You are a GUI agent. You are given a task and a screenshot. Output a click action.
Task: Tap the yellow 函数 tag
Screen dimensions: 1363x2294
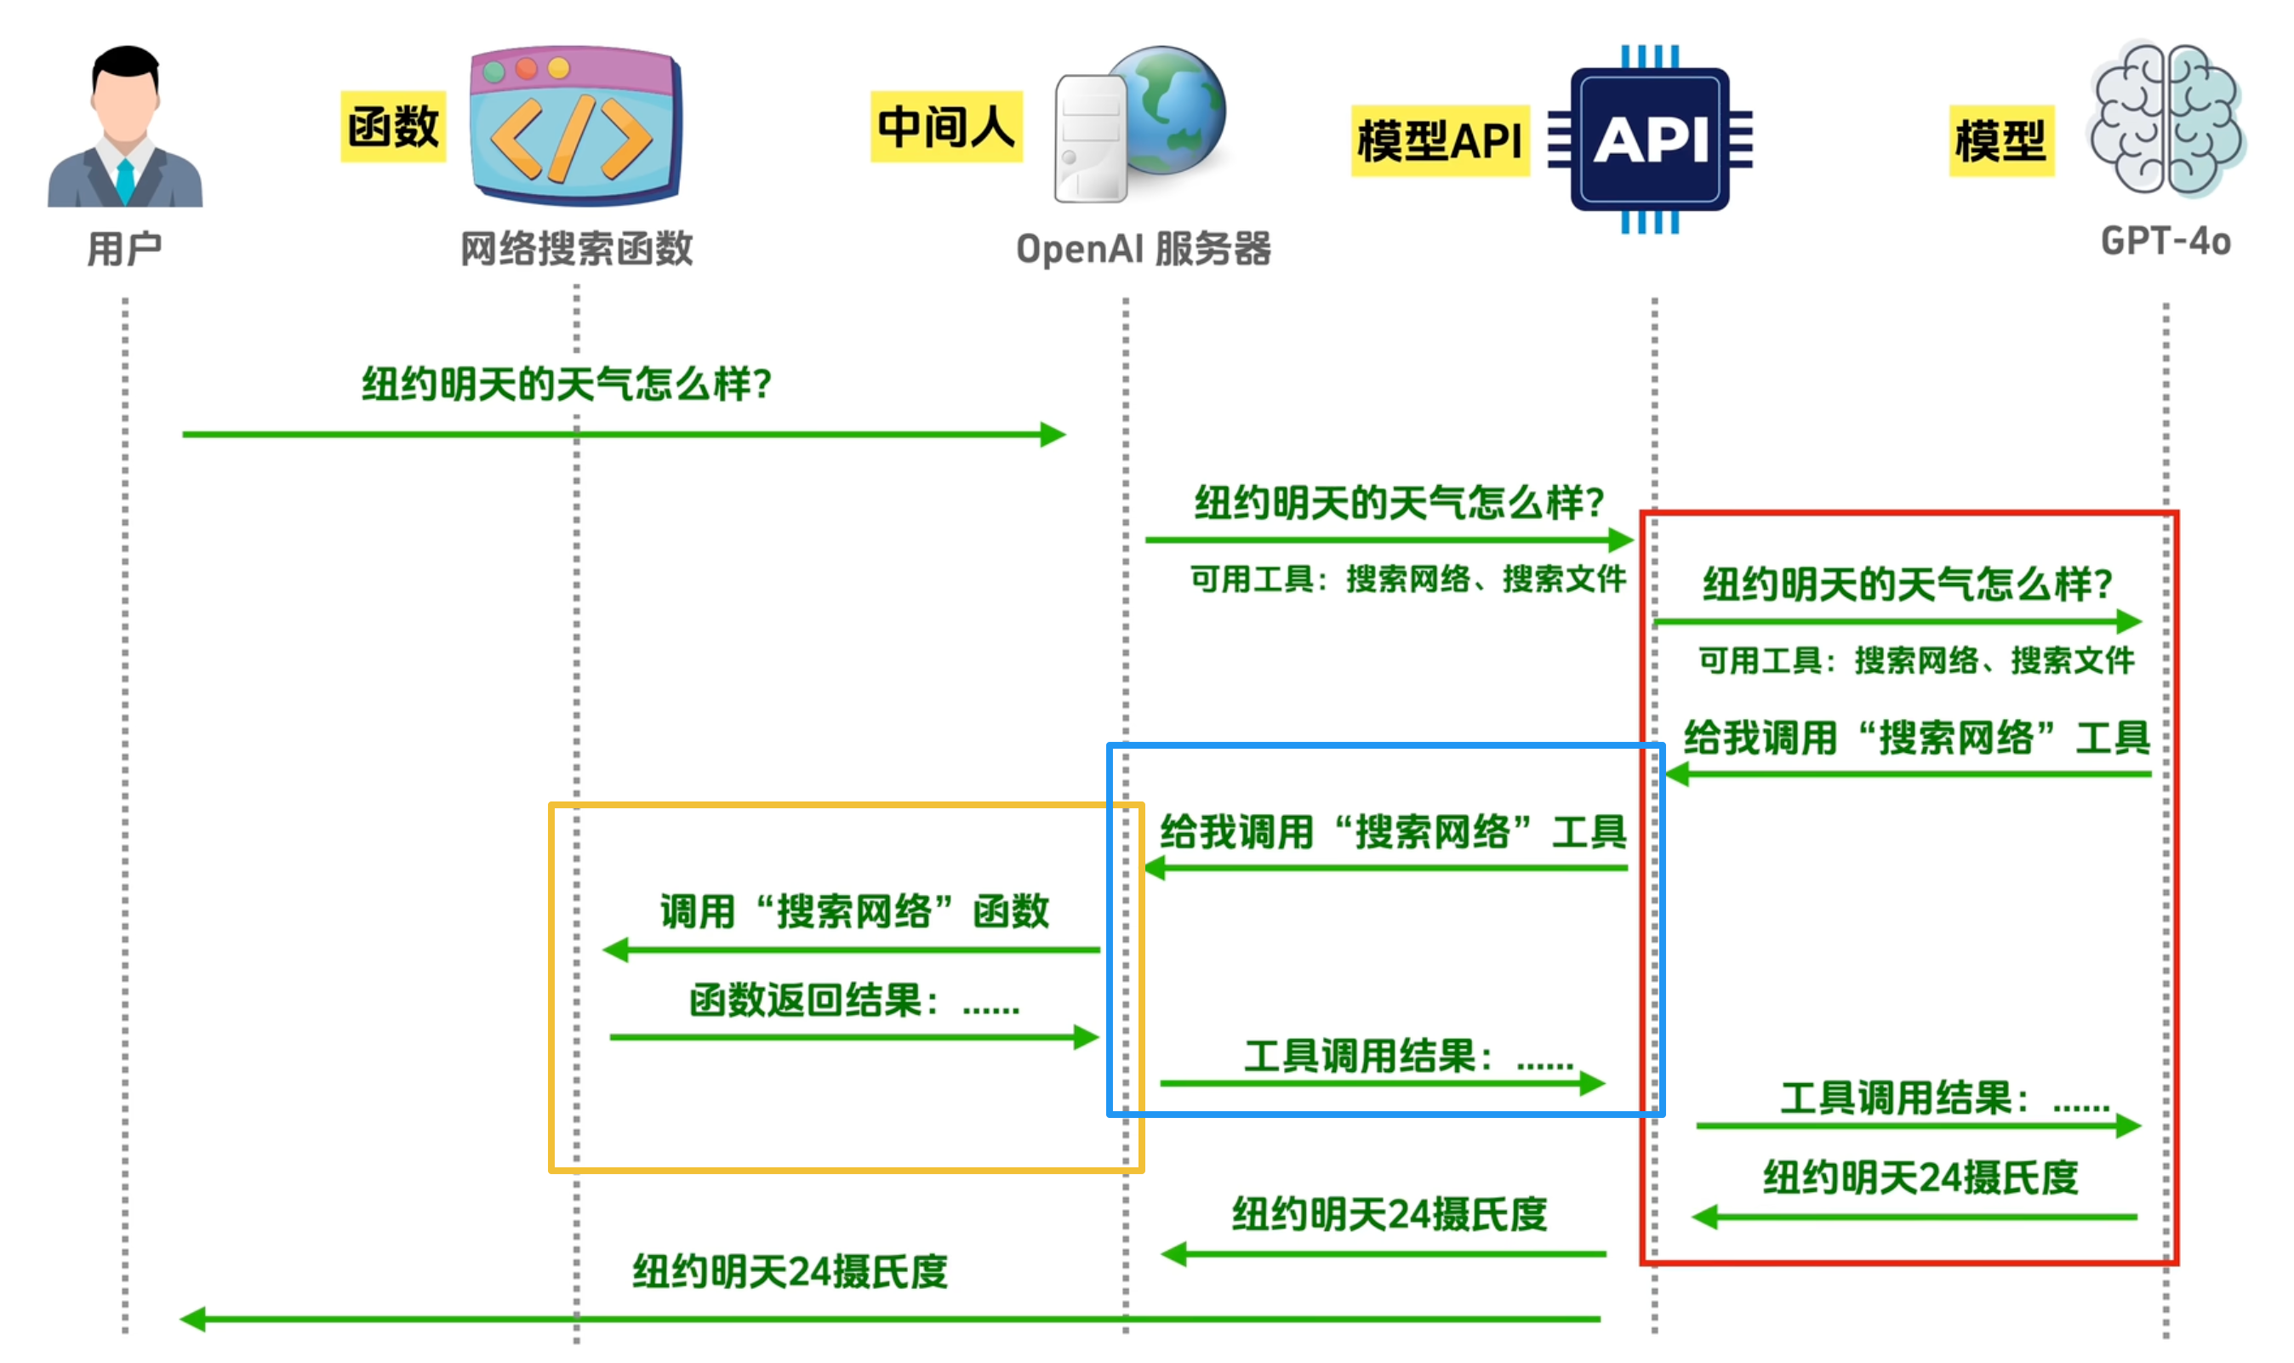pyautogui.click(x=393, y=127)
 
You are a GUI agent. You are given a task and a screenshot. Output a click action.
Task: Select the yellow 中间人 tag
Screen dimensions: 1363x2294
pyautogui.click(x=946, y=127)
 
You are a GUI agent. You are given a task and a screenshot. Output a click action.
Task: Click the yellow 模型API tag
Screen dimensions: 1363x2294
pyautogui.click(x=1439, y=140)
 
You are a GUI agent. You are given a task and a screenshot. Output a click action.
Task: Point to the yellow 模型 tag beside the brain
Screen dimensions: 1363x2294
pyautogui.click(x=2000, y=140)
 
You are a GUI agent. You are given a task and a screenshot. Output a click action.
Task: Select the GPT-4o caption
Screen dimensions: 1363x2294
pyautogui.click(x=2166, y=242)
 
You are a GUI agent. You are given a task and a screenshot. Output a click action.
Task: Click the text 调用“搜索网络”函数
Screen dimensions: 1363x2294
pyautogui.click(x=854, y=912)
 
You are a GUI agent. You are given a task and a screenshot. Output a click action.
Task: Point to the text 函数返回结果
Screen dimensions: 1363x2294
pyautogui.click(x=813, y=1001)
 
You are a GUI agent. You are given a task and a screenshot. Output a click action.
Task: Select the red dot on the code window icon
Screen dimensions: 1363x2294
pyautogui.click(x=526, y=69)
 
